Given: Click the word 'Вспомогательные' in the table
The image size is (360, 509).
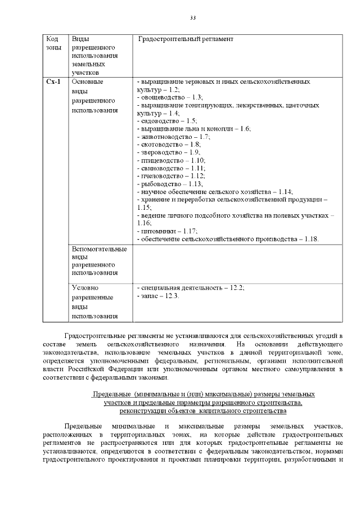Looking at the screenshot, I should [x=100, y=249].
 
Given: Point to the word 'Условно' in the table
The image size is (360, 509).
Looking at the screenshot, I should [x=85, y=287].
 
